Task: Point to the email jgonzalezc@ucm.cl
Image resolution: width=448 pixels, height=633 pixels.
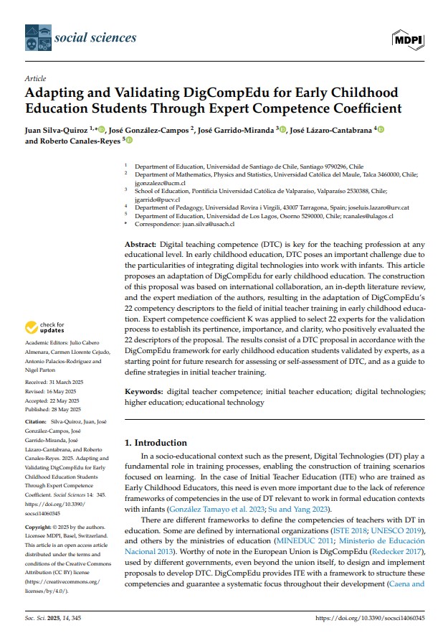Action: pos(161,182)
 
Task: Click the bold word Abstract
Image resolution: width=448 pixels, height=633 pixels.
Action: pos(140,245)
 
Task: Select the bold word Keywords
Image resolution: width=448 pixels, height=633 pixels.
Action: pos(143,392)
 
